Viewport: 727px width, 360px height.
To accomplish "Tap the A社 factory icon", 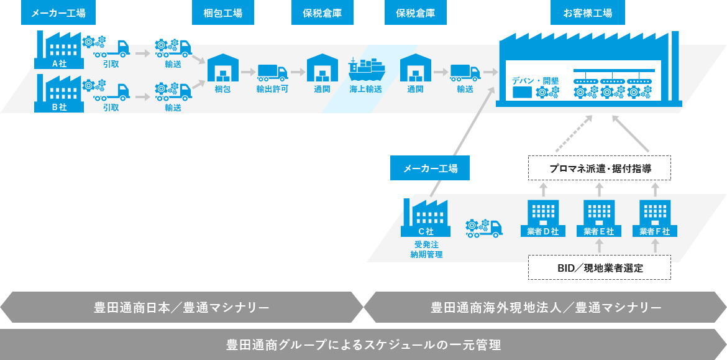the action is pos(59,50).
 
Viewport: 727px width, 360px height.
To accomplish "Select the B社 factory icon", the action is pos(59,93).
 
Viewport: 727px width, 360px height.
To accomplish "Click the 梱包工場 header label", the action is pos(223,14).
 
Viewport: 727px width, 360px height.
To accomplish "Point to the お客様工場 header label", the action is pos(587,14).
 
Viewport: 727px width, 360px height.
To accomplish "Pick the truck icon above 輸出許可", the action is pos(273,72).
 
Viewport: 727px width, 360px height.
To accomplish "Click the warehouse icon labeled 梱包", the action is pos(223,68).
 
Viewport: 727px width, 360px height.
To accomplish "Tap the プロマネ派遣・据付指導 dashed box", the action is pos(600,168).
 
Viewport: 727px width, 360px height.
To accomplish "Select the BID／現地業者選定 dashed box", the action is pos(600,267).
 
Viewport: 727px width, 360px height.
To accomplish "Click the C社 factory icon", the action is pos(425,218).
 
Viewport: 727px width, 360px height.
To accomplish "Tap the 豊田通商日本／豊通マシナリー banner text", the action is pos(181,308).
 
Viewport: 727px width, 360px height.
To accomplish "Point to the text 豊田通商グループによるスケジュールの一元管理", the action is pos(363,345).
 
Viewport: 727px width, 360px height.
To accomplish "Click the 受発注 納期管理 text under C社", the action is pos(426,249).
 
